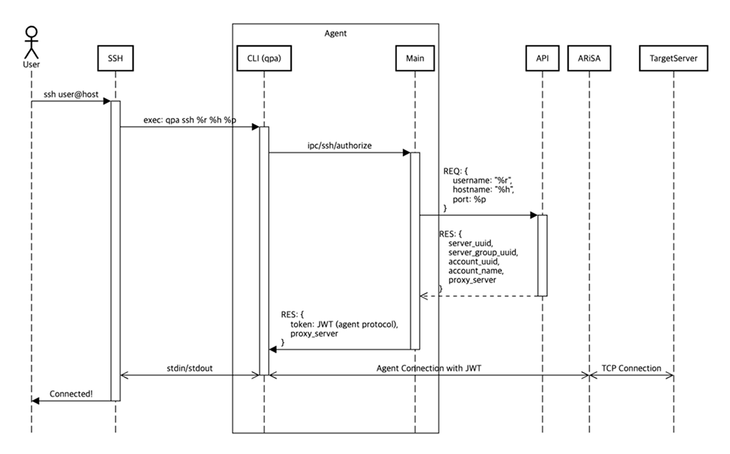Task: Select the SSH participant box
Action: point(115,58)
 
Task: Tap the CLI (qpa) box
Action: point(263,58)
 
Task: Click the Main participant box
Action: point(415,58)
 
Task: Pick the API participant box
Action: point(542,58)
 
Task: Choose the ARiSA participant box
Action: point(589,58)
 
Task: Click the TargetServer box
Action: point(673,58)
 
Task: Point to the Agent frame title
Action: point(335,34)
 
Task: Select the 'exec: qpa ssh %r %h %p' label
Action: point(188,120)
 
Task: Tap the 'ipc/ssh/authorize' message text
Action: point(338,145)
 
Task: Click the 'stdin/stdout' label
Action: point(189,368)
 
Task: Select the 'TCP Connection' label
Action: point(631,368)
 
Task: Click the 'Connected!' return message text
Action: point(71,394)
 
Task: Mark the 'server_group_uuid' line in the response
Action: point(483,253)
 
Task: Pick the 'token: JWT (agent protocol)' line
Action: point(344,324)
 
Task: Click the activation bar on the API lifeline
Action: point(542,255)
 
